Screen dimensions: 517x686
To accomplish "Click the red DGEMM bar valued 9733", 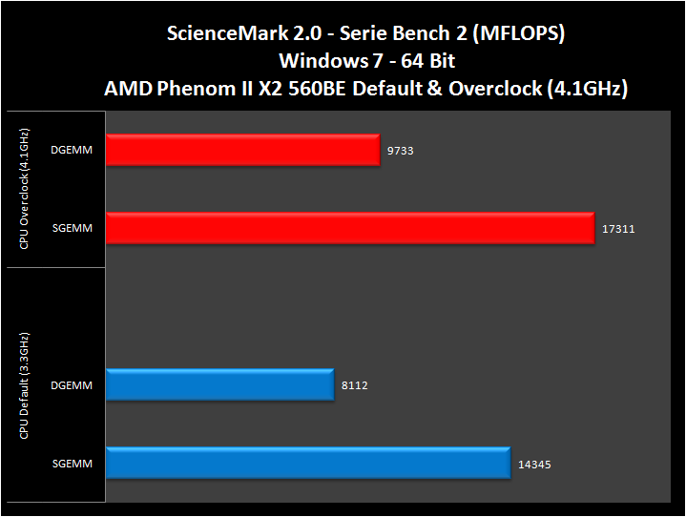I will click(x=243, y=150).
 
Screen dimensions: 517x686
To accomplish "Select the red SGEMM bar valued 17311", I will click(x=350, y=228).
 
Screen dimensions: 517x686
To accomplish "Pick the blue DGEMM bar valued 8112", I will click(x=220, y=384).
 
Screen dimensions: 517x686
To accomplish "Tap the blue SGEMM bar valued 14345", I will click(x=308, y=464).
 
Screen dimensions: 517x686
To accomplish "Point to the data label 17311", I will click(x=618, y=229).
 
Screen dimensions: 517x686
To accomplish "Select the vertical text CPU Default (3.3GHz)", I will click(x=23, y=385).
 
